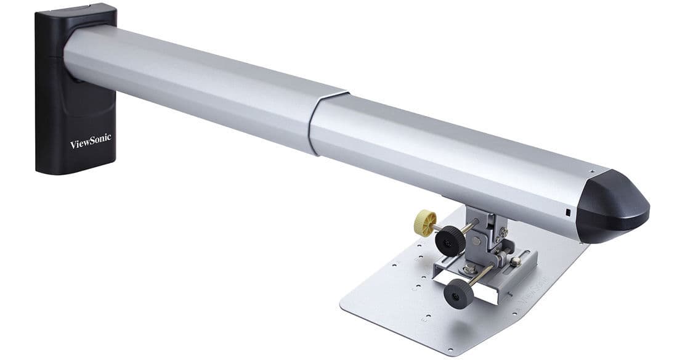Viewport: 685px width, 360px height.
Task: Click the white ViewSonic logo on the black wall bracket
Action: coord(91,141)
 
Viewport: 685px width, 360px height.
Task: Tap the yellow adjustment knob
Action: coord(426,223)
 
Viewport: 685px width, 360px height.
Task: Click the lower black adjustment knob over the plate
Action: coord(458,293)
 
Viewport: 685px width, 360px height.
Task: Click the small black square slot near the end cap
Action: coord(568,213)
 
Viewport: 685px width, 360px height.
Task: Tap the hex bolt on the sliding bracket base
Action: coord(470,269)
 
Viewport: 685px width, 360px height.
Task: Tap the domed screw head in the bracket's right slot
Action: coord(515,261)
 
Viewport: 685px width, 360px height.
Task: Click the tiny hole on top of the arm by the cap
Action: coord(593,171)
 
